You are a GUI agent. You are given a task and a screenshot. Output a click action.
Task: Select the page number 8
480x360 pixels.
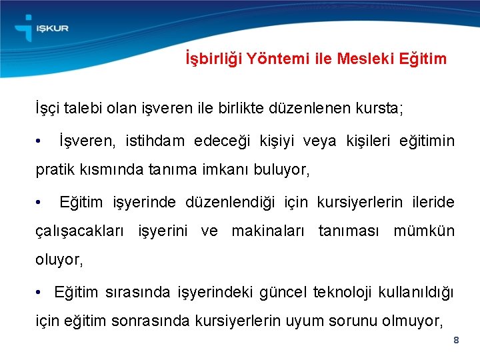(x=456, y=340)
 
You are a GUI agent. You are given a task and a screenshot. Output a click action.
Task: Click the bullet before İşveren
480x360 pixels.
(x=41, y=141)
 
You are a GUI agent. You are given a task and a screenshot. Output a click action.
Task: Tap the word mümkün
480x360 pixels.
(x=424, y=231)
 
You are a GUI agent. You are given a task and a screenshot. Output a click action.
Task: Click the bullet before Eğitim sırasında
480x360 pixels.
(x=41, y=292)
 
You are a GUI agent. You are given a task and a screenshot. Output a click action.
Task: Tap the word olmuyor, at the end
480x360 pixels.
(x=411, y=321)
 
